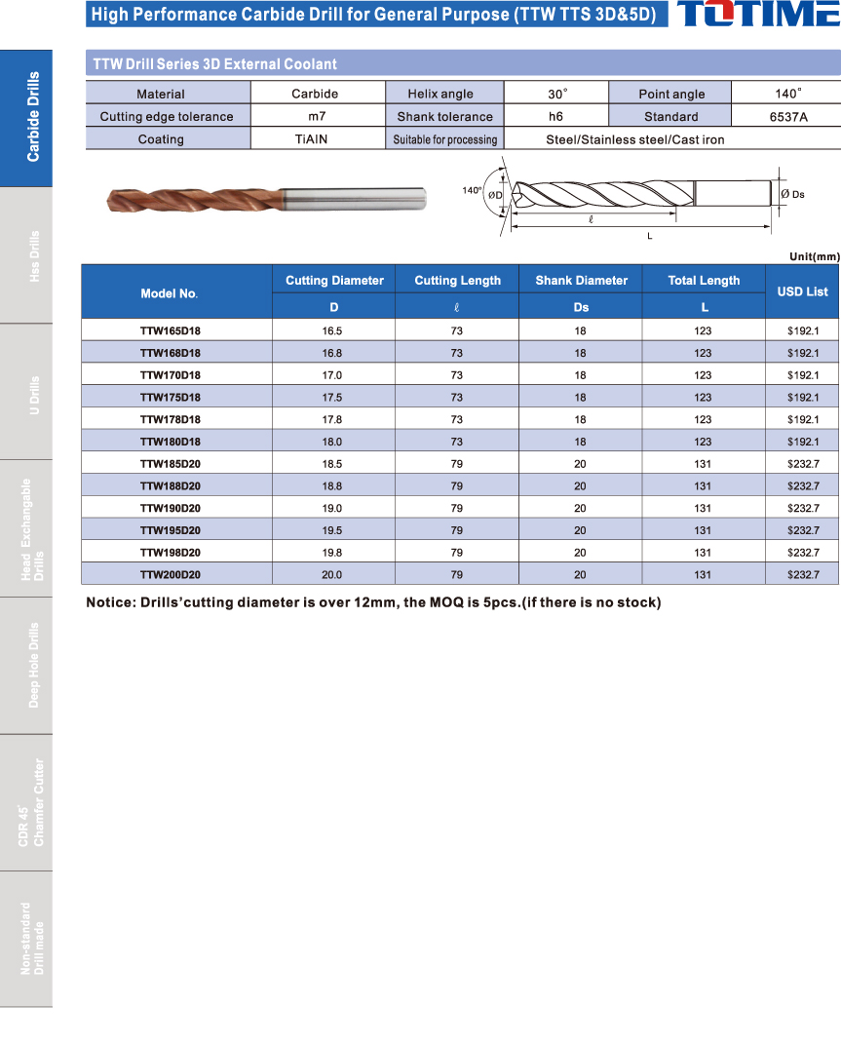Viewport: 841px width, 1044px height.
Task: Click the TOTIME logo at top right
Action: [x=756, y=15]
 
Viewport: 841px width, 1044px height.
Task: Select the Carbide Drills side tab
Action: [x=26, y=117]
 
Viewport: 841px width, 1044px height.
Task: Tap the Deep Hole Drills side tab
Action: [x=26, y=665]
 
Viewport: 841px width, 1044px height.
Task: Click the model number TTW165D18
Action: [x=171, y=330]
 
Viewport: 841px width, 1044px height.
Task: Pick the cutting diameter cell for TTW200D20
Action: [x=332, y=575]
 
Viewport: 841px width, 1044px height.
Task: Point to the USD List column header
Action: [x=802, y=291]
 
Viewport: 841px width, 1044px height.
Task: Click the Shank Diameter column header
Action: [x=581, y=281]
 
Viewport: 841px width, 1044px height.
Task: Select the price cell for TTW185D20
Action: [x=802, y=464]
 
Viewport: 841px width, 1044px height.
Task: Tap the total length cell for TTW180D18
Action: [x=704, y=442]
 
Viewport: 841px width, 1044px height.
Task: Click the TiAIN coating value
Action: [x=311, y=139]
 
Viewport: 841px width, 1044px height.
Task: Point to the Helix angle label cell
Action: [x=441, y=94]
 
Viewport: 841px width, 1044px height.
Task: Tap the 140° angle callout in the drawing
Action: [x=472, y=191]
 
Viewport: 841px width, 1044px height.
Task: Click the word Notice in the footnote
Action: [x=110, y=602]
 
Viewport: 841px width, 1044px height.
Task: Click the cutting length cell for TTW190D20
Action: [x=456, y=509]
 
